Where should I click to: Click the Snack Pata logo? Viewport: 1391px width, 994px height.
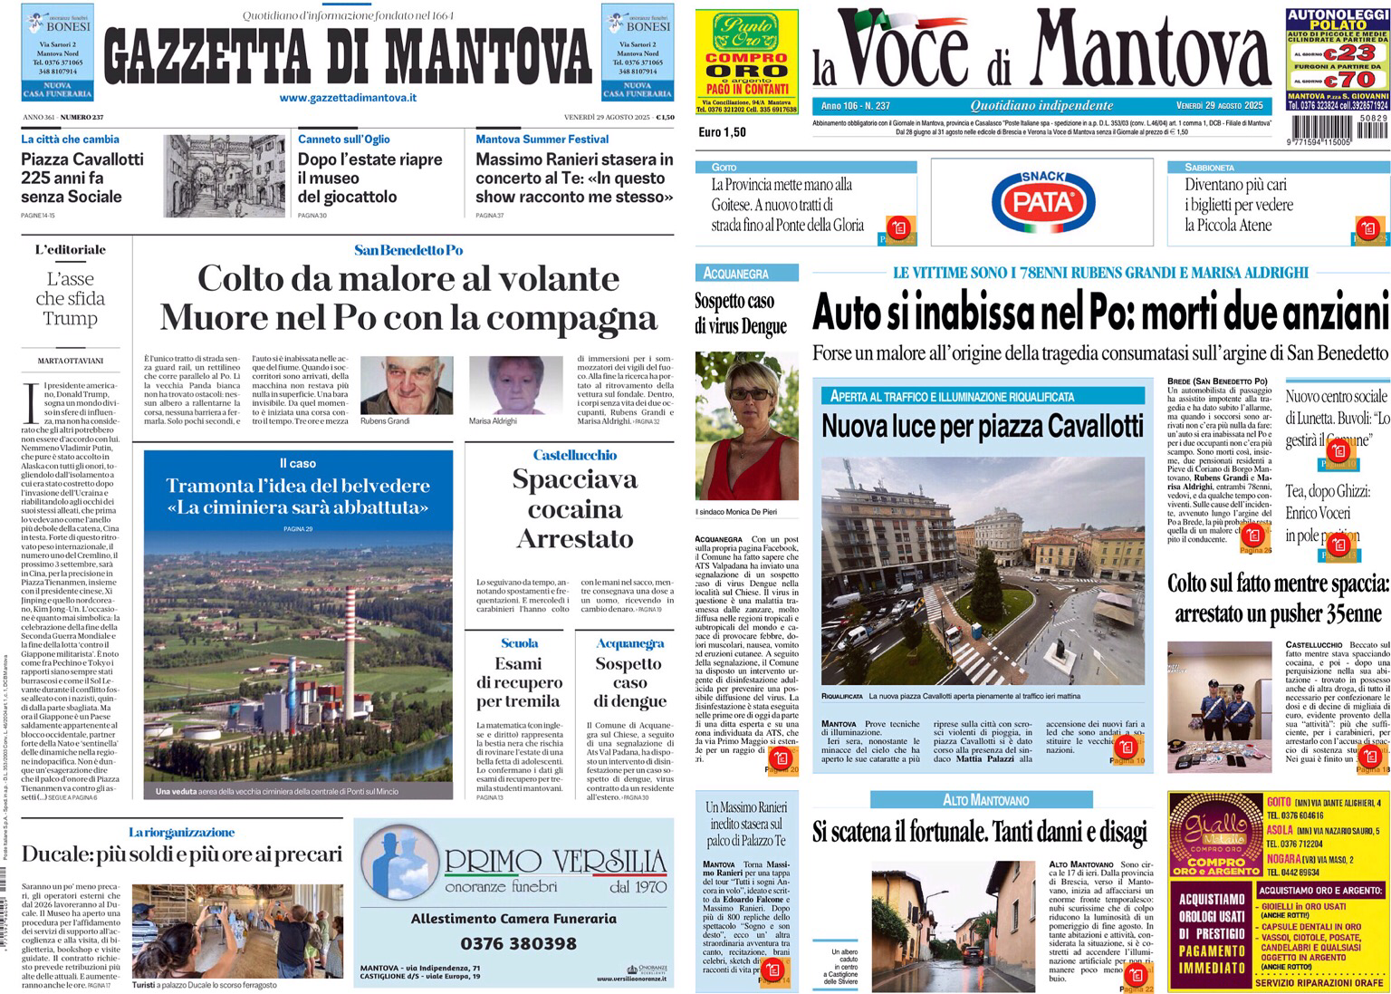click(1042, 201)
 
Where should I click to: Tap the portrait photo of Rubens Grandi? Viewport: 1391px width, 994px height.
click(395, 385)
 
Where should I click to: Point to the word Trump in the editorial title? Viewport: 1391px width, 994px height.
click(70, 318)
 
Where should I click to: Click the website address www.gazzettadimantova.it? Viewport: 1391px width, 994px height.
click(348, 98)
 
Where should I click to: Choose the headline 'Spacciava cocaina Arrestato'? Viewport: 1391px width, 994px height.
click(574, 508)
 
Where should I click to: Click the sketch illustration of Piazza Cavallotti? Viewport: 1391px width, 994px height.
click(225, 176)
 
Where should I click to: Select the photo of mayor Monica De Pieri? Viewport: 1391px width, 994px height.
click(747, 426)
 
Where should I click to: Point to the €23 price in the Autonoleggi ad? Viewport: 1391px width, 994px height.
click(1351, 54)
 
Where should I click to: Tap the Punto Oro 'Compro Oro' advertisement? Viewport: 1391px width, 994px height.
click(747, 61)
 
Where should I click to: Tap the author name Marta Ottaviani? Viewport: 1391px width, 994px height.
click(70, 361)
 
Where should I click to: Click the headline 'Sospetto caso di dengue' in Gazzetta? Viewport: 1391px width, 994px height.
click(629, 682)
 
